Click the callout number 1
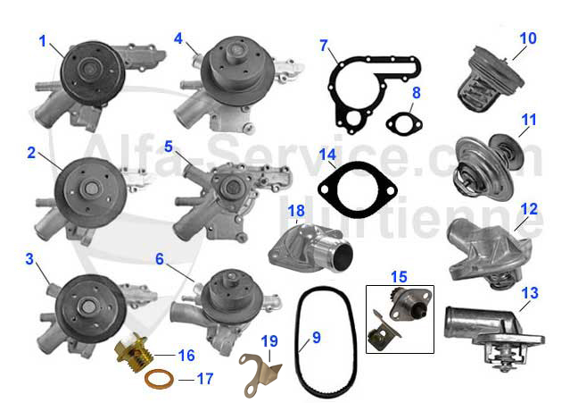[42, 41]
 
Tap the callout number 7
[324, 45]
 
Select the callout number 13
[530, 292]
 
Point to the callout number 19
[270, 340]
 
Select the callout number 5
[168, 145]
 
